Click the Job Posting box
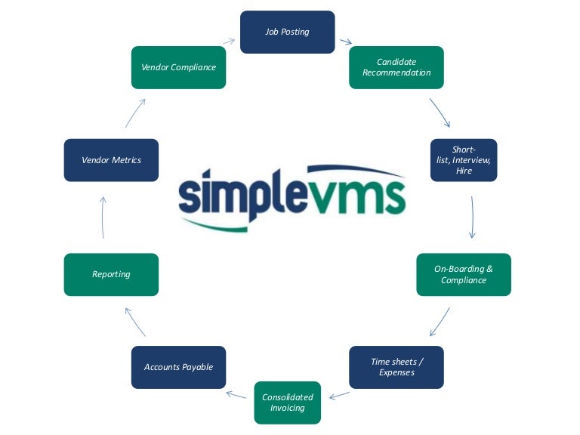pos(288,32)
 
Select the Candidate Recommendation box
pos(396,67)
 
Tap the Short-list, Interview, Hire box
pos(464,160)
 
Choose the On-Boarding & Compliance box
pos(464,274)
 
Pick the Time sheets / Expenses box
pos(396,367)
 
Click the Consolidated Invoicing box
pos(288,403)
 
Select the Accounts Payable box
pos(179,367)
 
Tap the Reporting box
pos(111,274)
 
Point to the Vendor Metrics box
pos(111,160)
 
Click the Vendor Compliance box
pos(179,67)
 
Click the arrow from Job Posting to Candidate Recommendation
pos(346,42)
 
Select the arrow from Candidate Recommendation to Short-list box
pos(439,112)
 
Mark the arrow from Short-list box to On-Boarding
pos(472,217)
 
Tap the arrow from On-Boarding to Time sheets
pos(440,322)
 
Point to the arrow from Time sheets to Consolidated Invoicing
pos(339,396)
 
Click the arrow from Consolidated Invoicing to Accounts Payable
pos(236,395)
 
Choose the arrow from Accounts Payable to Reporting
pos(135,322)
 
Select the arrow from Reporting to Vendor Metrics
pos(103,217)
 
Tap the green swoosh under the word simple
pos(214,226)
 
